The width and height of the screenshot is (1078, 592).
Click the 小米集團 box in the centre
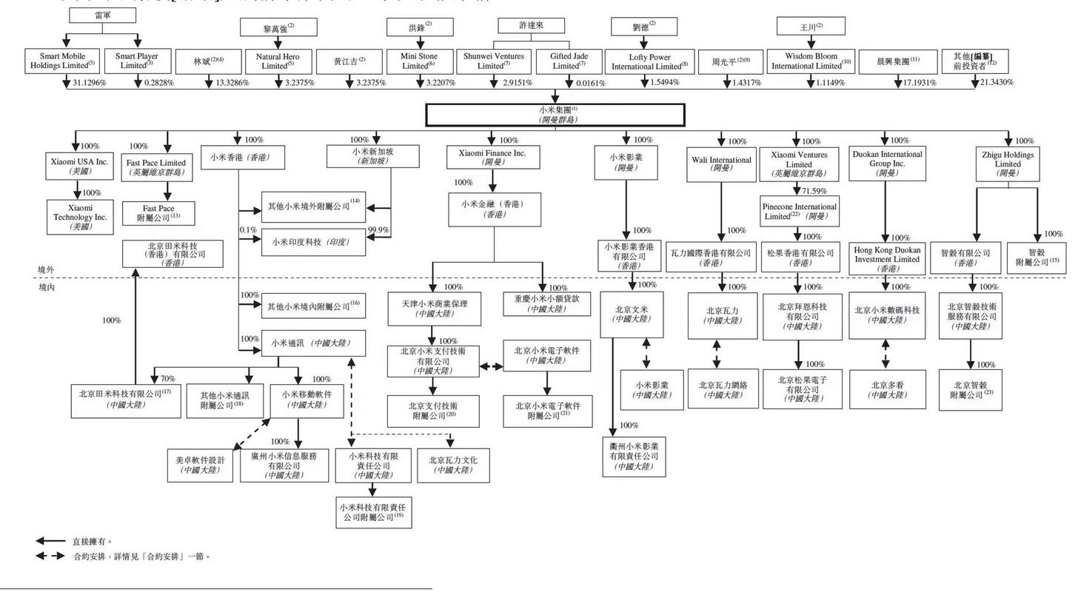(555, 115)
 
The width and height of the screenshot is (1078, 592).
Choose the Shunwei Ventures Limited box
(494, 61)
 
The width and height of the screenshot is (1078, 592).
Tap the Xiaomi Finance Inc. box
(486, 157)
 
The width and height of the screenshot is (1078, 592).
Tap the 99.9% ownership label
(378, 230)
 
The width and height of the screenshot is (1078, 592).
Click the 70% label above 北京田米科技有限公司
(168, 378)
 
